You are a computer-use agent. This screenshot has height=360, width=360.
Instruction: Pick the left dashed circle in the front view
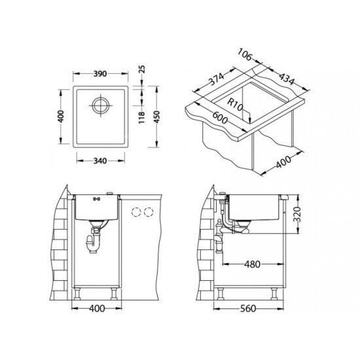[137, 213]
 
